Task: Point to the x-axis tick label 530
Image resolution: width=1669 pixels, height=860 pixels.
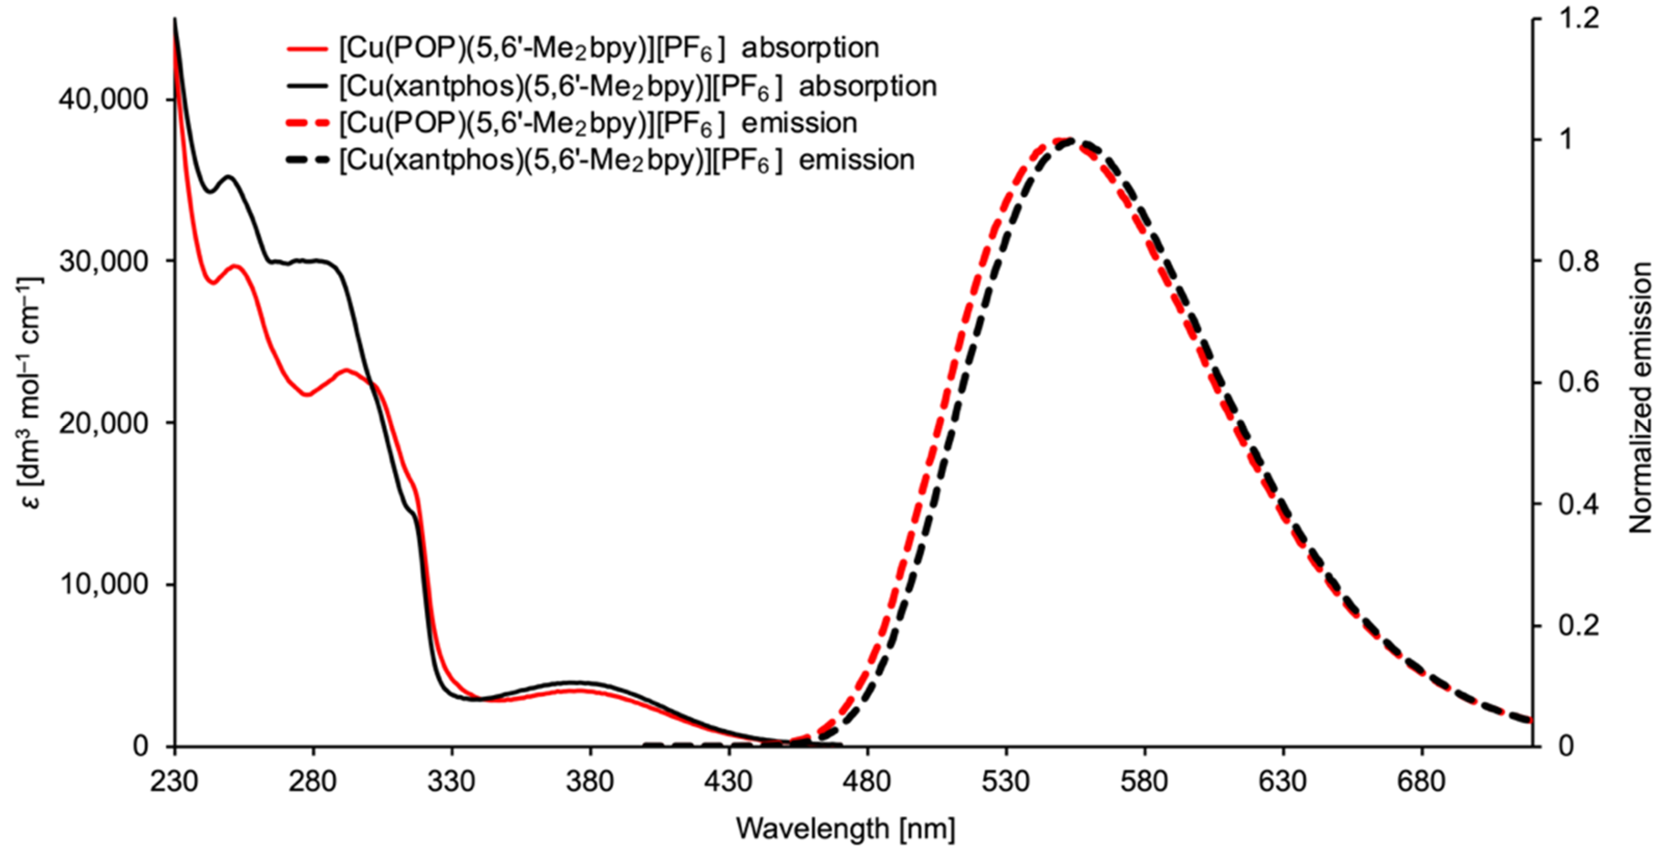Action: (1006, 782)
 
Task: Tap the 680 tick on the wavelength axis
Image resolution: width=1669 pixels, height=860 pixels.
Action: (1421, 782)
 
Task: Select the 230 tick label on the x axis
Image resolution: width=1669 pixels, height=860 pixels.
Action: (173, 782)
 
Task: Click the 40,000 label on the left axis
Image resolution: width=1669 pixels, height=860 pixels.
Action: (104, 100)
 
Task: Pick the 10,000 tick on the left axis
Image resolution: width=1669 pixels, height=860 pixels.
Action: (104, 585)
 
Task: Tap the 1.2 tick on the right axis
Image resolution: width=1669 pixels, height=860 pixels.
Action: (1567, 19)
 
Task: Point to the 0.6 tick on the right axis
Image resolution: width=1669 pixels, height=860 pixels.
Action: (1567, 382)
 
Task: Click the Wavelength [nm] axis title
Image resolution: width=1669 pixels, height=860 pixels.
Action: (846, 829)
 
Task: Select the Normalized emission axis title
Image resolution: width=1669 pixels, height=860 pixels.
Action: (1640, 398)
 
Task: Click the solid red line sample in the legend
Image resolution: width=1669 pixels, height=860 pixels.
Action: (308, 49)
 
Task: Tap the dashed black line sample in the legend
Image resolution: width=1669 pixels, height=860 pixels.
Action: (308, 160)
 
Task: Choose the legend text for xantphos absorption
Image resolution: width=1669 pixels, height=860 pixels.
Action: (638, 86)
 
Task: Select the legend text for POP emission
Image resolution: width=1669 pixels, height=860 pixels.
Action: (598, 123)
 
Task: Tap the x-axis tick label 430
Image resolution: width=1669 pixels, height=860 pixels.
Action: (728, 782)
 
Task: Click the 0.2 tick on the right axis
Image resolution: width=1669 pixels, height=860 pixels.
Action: (1567, 625)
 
